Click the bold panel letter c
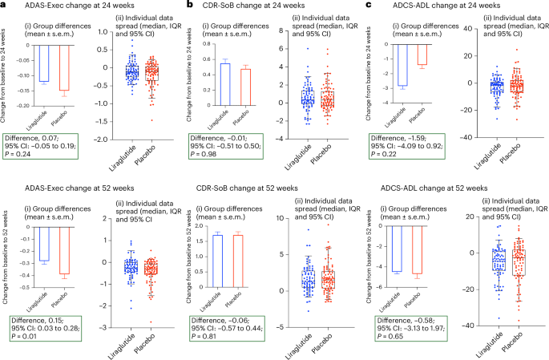tap(368, 8)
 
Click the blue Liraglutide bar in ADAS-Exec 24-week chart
tap(43, 63)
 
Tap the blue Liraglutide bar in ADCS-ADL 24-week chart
tap(403, 65)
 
